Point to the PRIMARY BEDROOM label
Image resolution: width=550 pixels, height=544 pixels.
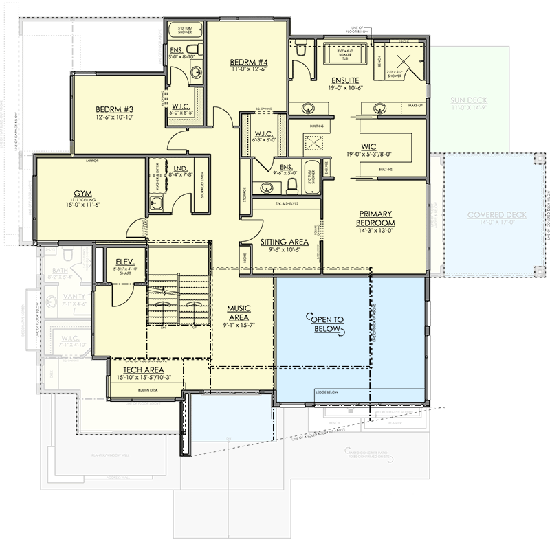(375, 218)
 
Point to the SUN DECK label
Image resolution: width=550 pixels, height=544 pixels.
(469, 99)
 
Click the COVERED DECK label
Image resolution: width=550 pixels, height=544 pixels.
(496, 215)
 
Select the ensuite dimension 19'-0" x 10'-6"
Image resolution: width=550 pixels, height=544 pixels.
(343, 87)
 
